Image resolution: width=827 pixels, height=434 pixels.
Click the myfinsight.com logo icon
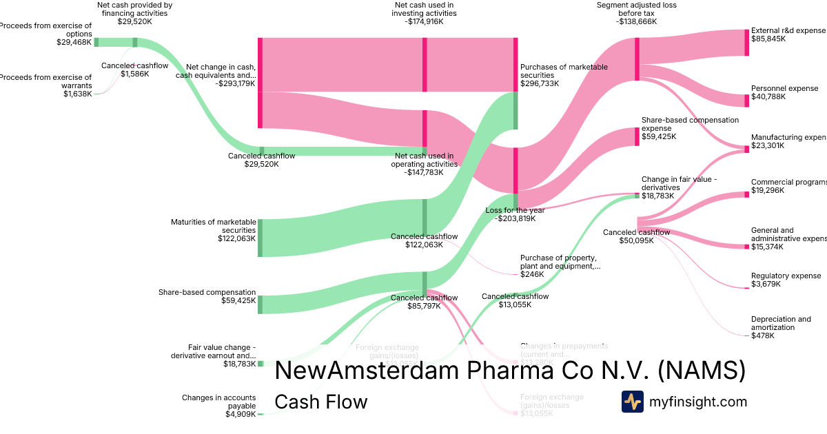[632, 402]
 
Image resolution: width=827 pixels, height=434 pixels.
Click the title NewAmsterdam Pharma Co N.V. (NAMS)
[510, 371]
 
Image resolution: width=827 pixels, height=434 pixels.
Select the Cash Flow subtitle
[320, 402]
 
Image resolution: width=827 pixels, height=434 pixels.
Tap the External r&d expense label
[788, 30]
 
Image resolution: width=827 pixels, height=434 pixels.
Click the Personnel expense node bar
[746, 101]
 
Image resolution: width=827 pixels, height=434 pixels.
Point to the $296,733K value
[540, 83]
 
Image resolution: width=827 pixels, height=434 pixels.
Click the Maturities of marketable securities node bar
[261, 238]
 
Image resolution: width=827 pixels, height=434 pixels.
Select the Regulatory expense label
[786, 276]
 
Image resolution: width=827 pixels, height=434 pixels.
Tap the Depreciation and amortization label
[781, 323]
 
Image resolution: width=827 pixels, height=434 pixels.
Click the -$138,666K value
[636, 21]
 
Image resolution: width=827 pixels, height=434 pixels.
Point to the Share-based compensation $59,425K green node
[261, 304]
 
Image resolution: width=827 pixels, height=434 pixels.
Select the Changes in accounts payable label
[218, 402]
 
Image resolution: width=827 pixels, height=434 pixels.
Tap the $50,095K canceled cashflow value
[636, 240]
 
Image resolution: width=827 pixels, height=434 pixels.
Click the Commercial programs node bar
[746, 194]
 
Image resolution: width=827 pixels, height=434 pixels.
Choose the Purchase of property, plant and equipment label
[560, 261]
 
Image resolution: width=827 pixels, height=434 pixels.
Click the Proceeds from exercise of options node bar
[96, 42]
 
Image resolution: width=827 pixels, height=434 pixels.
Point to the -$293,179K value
[235, 83]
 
